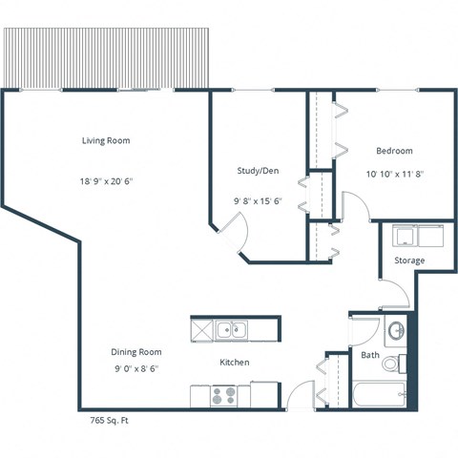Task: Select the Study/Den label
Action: click(257, 171)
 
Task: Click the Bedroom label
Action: click(394, 151)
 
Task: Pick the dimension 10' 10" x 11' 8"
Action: click(394, 175)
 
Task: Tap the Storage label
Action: click(410, 260)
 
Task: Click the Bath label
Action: click(370, 356)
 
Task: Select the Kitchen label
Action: click(235, 363)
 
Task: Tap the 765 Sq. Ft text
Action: click(110, 419)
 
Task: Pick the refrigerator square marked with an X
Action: click(202, 331)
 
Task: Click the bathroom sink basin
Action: click(396, 333)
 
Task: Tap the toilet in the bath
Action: click(402, 363)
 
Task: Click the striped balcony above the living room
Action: click(106, 58)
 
